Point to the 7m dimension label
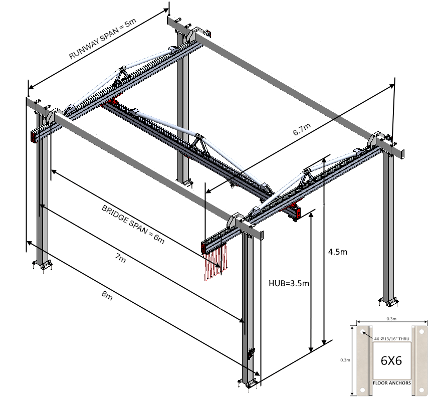120,260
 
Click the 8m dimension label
107,296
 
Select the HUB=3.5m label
288,284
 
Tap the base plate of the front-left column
42,264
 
